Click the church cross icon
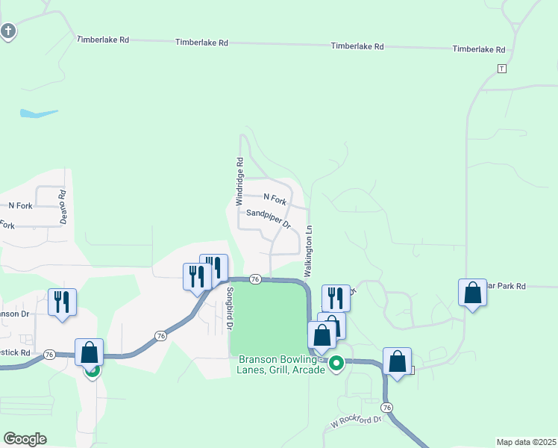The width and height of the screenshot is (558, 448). coord(8,31)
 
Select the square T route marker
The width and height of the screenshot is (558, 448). coord(501,68)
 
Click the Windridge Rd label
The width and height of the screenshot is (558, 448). coord(239,181)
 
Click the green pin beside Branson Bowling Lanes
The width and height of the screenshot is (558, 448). coord(336,364)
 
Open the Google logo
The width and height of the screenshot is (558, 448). coord(25,439)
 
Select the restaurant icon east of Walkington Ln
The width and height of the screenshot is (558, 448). coord(336,298)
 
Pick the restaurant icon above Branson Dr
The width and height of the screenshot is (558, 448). coord(61,302)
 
